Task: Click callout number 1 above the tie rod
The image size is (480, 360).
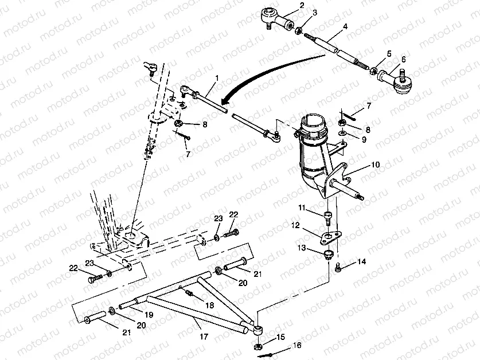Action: tap(216, 77)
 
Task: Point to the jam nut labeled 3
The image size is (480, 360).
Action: tap(299, 28)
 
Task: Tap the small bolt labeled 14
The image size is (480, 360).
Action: tap(339, 265)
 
